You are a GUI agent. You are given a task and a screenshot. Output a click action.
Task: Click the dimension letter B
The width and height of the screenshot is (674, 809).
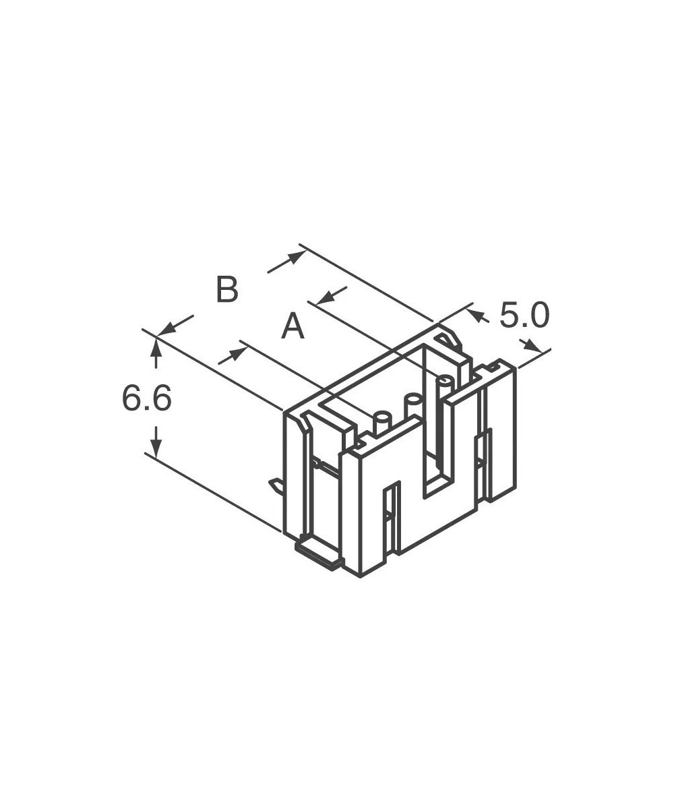pyautogui.click(x=227, y=289)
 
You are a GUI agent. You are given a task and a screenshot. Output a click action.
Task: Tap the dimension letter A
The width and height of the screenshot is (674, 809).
pyautogui.click(x=293, y=327)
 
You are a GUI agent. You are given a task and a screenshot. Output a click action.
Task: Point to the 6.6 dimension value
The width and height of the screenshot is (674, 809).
pyautogui.click(x=146, y=399)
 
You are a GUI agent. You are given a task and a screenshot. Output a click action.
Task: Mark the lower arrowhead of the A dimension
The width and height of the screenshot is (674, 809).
pyautogui.click(x=237, y=351)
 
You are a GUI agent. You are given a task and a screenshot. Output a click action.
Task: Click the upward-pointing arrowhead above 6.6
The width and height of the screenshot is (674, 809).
pyautogui.click(x=156, y=345)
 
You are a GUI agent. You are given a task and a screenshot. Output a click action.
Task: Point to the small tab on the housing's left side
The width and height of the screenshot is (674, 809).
pyautogui.click(x=276, y=484)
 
